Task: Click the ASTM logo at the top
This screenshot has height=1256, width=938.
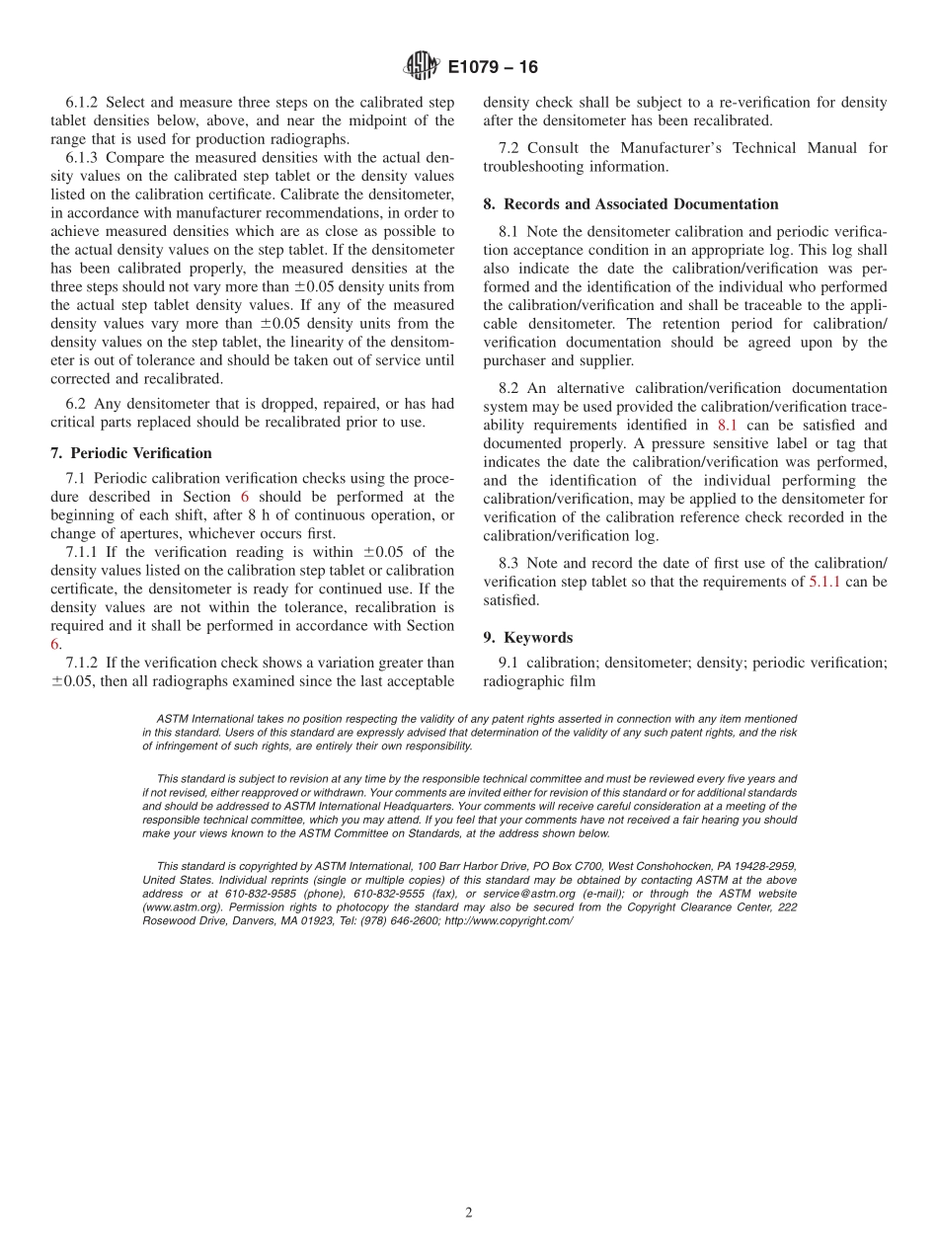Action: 422,67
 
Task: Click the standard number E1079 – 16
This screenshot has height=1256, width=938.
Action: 493,68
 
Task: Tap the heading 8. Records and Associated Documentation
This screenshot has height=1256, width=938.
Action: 630,204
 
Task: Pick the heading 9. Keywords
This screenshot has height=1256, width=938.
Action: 527,638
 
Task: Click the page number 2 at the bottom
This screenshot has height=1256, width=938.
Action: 469,1214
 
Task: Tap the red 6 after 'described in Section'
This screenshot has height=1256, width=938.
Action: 245,498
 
